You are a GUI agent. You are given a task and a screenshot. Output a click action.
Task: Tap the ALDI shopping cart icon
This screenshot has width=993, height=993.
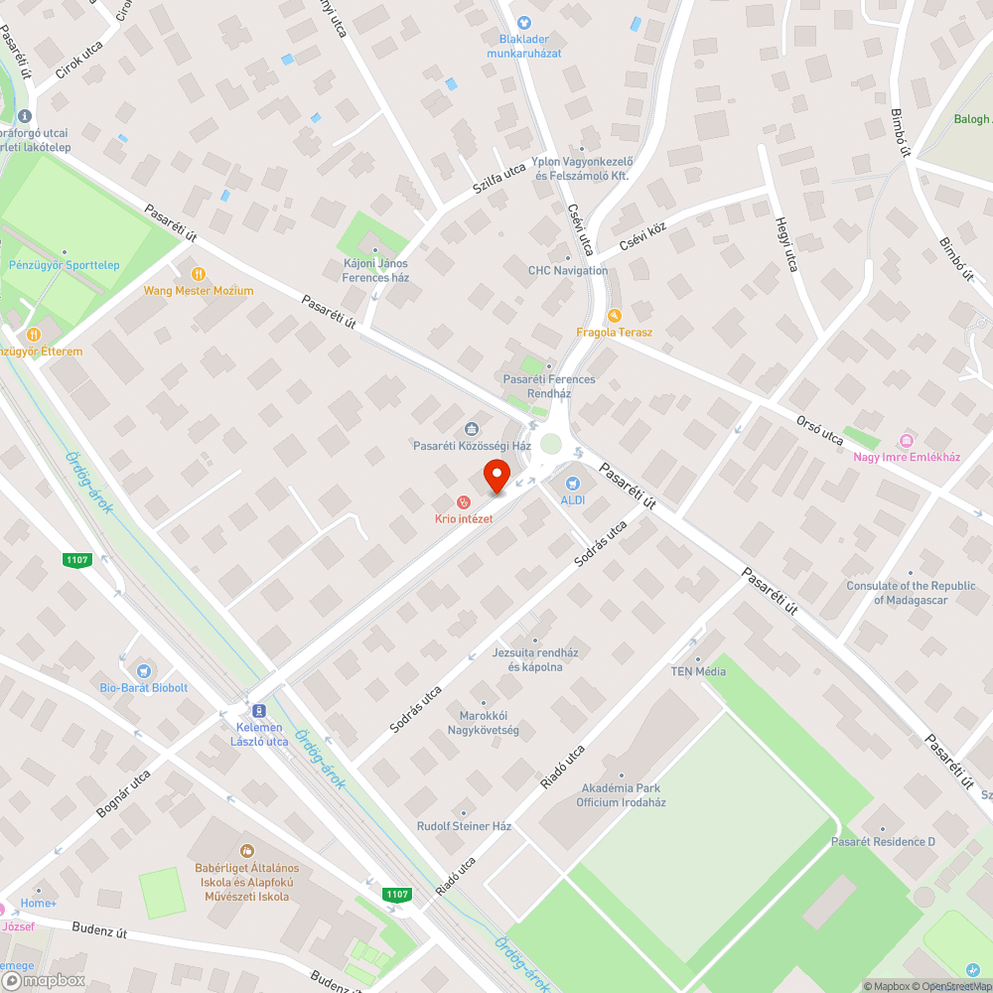coord(572,483)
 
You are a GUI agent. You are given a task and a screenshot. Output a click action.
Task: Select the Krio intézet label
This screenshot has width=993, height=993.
coord(463,519)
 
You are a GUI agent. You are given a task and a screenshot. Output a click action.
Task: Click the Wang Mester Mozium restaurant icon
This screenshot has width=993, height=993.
coord(199,273)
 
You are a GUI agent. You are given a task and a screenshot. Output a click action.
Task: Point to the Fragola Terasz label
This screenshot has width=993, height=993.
coord(615,332)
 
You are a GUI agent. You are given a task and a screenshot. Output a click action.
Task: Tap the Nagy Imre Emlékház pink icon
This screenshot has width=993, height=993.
coord(906,440)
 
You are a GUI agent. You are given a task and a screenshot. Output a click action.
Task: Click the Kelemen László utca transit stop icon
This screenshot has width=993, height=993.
coord(259,711)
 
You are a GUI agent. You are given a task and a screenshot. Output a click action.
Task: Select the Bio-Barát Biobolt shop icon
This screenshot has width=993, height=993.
coord(143,671)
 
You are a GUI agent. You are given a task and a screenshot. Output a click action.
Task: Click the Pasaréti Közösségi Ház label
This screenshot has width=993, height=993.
coord(472,446)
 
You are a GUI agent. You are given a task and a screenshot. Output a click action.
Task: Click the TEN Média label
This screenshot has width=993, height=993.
coord(698,671)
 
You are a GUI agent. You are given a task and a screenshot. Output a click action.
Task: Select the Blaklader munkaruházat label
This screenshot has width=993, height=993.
coord(523,46)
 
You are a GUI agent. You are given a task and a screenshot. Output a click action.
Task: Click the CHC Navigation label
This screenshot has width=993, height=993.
coord(568,270)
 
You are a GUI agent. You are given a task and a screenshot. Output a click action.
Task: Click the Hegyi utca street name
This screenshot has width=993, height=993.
coord(786,244)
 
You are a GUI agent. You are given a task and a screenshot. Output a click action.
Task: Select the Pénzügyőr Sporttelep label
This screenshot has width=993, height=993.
coord(65,265)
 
